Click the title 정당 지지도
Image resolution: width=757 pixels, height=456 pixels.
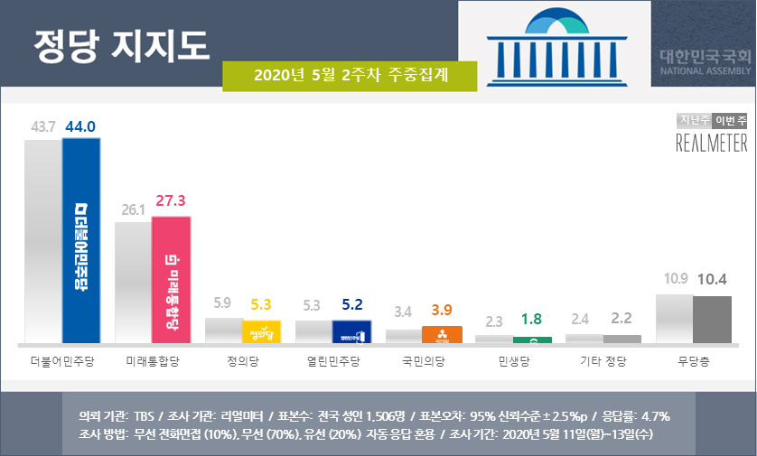tap(121, 42)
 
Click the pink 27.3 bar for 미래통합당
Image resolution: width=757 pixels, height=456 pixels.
tap(171, 280)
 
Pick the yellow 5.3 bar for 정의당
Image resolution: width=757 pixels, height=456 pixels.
tap(261, 331)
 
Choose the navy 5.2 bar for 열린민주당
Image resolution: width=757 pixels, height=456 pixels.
tap(351, 331)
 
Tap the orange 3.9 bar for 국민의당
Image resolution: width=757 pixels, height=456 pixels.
tap(442, 335)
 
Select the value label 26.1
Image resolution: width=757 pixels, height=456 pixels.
tap(132, 208)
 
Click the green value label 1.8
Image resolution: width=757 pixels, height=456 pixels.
tap(532, 320)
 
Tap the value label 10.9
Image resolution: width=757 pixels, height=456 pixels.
tap(674, 278)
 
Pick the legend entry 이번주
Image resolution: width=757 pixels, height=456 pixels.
tap(730, 121)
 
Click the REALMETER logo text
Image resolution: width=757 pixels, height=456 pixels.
tap(712, 143)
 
